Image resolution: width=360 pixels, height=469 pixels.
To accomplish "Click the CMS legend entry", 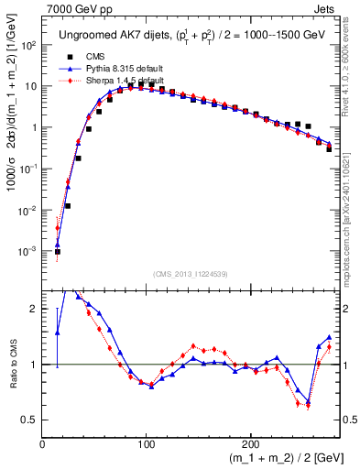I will coord(92,58).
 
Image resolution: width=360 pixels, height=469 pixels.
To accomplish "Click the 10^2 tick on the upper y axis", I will coord(28,45).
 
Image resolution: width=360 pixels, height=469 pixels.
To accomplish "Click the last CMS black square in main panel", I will coord(329,148).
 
